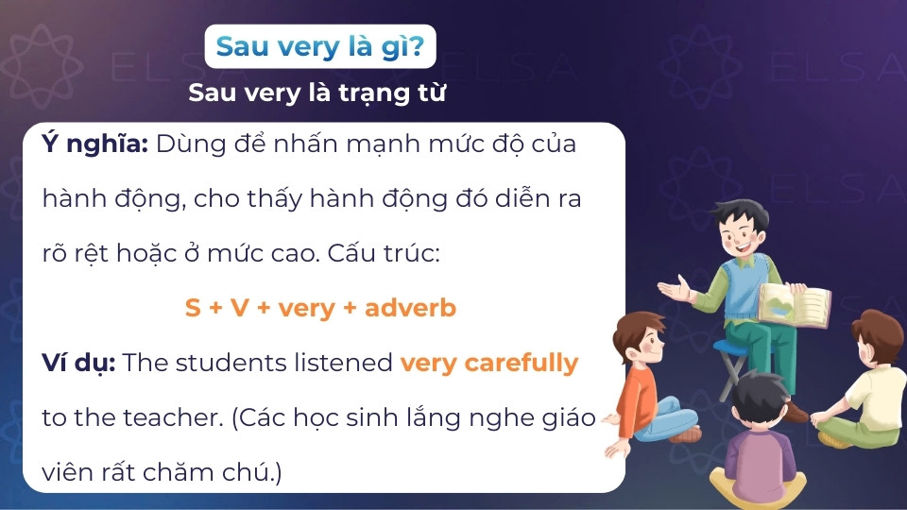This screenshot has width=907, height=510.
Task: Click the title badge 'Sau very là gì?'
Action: (319, 46)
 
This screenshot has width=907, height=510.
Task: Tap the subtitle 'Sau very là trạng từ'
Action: (317, 93)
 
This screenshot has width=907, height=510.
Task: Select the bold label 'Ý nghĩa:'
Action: (95, 145)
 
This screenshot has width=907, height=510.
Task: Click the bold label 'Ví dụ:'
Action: (78, 363)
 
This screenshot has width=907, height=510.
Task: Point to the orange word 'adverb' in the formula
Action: (410, 308)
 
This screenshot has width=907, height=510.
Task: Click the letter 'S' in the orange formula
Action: (193, 308)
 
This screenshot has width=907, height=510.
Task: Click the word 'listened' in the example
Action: (350, 363)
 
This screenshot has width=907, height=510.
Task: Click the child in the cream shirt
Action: (864, 378)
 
